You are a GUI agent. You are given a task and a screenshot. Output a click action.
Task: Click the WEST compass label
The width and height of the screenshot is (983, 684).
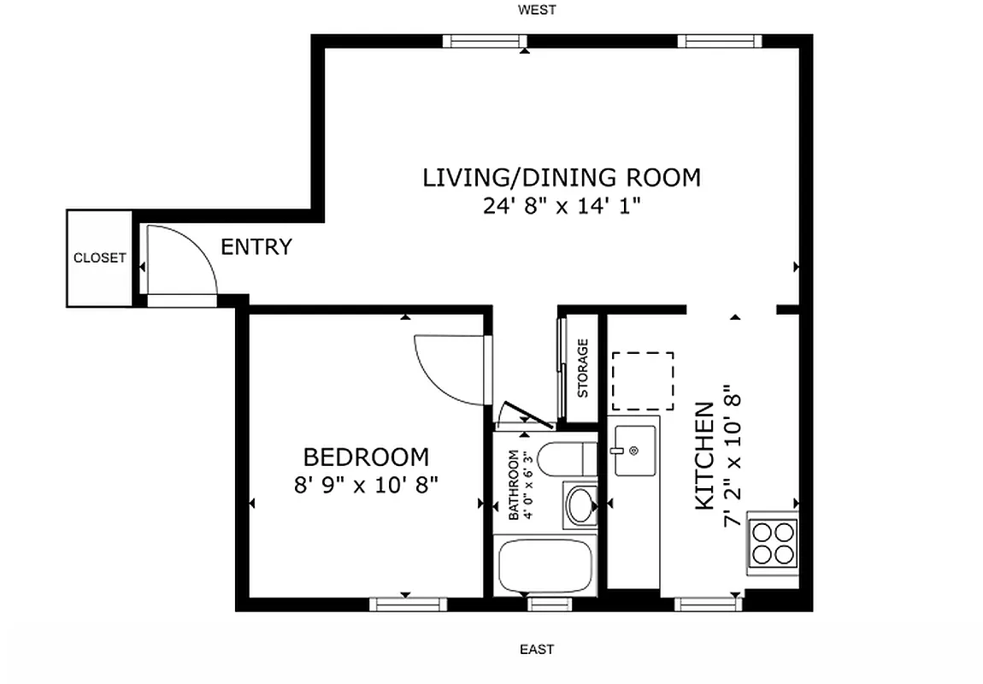(537, 10)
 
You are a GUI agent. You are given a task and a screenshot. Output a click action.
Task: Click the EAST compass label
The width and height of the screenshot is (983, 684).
(537, 649)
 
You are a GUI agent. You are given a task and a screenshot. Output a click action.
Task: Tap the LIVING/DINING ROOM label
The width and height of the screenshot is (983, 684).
(562, 178)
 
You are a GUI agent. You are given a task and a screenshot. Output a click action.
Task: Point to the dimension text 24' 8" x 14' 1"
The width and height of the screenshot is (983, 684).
(562, 206)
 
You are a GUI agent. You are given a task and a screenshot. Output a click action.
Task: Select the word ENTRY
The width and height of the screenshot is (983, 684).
(256, 247)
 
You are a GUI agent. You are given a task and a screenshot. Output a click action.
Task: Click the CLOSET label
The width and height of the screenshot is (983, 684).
(100, 257)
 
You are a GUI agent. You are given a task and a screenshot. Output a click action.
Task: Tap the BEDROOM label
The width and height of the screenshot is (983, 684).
(366, 457)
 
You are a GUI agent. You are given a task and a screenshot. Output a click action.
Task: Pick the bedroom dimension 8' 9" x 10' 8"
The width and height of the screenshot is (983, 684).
(366, 485)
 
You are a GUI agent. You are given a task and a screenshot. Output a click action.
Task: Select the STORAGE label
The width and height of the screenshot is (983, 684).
(583, 369)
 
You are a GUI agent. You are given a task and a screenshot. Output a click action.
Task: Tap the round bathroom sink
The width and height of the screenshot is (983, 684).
(580, 504)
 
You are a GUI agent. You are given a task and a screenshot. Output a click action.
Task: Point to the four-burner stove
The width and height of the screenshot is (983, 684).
(773, 542)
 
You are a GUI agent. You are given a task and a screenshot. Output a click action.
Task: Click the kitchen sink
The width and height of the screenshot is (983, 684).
(633, 450)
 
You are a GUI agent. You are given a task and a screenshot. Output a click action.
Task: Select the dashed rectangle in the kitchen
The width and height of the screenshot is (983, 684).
(642, 380)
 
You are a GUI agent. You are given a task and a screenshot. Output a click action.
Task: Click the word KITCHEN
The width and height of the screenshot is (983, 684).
(705, 456)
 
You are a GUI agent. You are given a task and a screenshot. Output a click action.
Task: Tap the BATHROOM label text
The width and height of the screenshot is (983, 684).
(514, 485)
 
